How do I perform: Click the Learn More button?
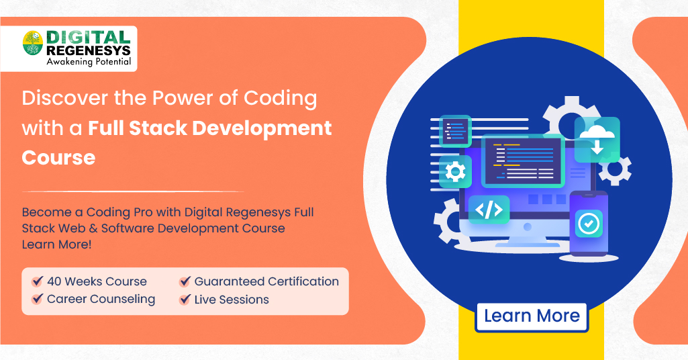(532, 316)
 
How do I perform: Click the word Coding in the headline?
(281, 98)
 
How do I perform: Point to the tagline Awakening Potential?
(88, 62)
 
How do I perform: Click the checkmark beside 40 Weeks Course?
(38, 281)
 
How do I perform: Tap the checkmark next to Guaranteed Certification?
(185, 281)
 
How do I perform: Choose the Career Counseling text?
(101, 299)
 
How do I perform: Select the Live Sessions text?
(232, 300)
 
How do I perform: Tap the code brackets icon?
(489, 210)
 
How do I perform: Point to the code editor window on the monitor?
(523, 161)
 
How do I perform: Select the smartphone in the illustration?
(589, 225)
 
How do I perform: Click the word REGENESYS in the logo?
(88, 50)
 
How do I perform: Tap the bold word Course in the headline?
(58, 157)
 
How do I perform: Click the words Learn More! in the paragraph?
(57, 244)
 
